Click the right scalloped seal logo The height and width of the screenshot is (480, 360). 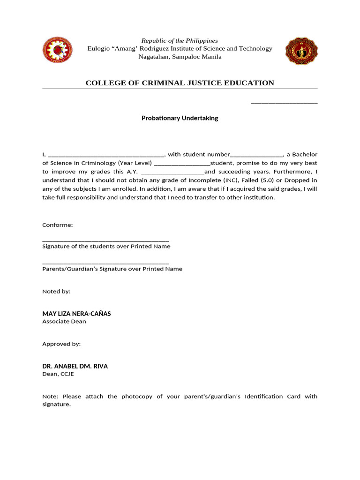(x=301, y=51)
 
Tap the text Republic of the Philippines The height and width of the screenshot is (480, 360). (x=180, y=41)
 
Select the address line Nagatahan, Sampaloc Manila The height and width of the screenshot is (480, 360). (x=180, y=57)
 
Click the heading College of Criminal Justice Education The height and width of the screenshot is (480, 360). (x=180, y=83)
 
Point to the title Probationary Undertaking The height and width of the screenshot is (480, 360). (x=180, y=118)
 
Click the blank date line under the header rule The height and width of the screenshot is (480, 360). (x=284, y=103)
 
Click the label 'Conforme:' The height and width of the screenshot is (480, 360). (x=58, y=225)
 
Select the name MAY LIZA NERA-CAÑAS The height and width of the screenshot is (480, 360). (x=76, y=314)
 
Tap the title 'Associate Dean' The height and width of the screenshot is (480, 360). (x=64, y=322)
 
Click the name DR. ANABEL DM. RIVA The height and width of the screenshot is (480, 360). (x=75, y=366)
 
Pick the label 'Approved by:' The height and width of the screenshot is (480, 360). (x=61, y=344)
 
